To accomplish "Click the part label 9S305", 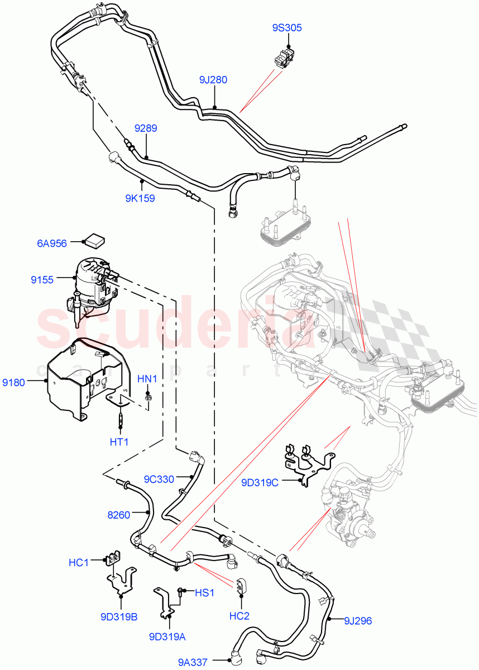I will [288, 27].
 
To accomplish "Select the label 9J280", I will [213, 80].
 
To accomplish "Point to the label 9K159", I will [141, 198].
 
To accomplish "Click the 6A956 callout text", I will [52, 243].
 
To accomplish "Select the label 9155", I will [42, 280].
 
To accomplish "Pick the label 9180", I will [14, 382].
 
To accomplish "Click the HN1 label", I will [147, 379].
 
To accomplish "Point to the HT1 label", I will [119, 442].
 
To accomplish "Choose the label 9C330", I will [159, 478].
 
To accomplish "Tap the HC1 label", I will [79, 562].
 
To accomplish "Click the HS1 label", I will [205, 592].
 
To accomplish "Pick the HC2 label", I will [241, 616].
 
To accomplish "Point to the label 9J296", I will [357, 620].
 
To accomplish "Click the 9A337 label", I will [193, 663].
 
